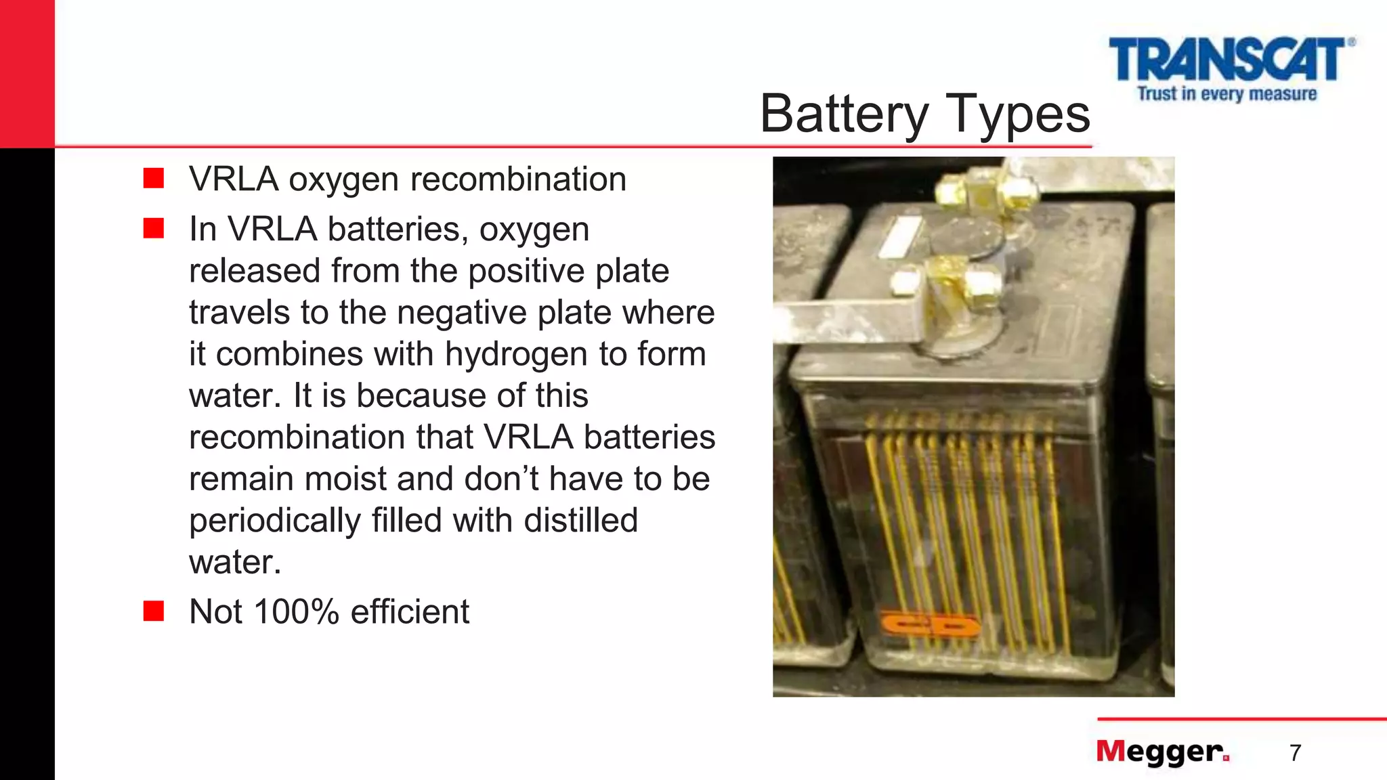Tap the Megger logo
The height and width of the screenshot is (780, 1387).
coord(1162,752)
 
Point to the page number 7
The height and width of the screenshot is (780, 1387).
coord(1295,753)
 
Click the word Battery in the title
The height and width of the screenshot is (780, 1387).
coord(844,114)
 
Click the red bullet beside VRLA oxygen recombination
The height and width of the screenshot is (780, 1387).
coord(154,178)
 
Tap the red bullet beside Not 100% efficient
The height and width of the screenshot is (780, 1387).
coord(154,611)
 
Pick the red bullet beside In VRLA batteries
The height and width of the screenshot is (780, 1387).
coord(154,228)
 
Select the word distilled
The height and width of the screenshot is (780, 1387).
coord(580,520)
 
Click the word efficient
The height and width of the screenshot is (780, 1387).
coord(410,611)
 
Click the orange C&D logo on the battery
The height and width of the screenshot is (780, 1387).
coord(929,626)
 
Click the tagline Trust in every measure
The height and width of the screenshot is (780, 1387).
coord(1226,93)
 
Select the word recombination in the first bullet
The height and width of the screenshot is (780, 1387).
coord(518,179)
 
